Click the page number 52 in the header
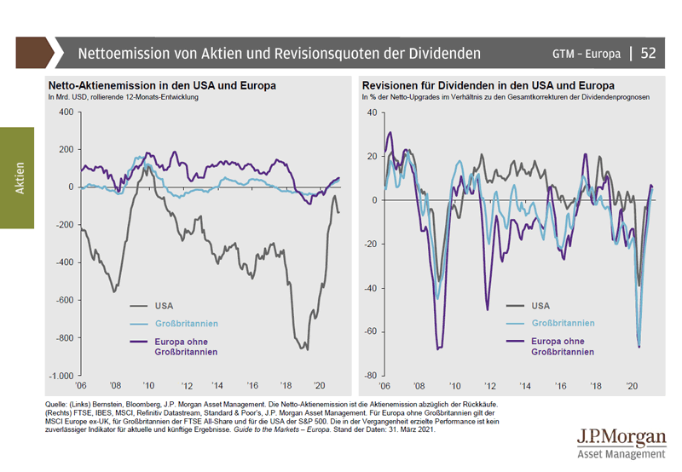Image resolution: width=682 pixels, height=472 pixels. [x=648, y=53]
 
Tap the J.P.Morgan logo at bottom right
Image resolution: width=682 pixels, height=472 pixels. [x=621, y=443]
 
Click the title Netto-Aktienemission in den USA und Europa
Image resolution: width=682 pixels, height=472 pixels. [x=161, y=86]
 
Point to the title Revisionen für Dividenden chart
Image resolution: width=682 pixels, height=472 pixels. [x=488, y=86]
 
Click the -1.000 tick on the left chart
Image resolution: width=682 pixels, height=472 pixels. [x=61, y=376]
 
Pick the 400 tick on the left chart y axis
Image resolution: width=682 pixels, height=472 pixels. [x=66, y=112]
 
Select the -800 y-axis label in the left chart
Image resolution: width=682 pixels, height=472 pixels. [x=64, y=338]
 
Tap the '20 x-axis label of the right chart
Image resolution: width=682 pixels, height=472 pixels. [x=631, y=385]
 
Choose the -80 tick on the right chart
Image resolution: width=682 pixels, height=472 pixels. [x=371, y=376]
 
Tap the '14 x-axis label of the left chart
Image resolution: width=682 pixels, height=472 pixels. [x=218, y=385]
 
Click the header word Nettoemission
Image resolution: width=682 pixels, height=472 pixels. [x=123, y=54]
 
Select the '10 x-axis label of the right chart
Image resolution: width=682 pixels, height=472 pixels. [x=455, y=385]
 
